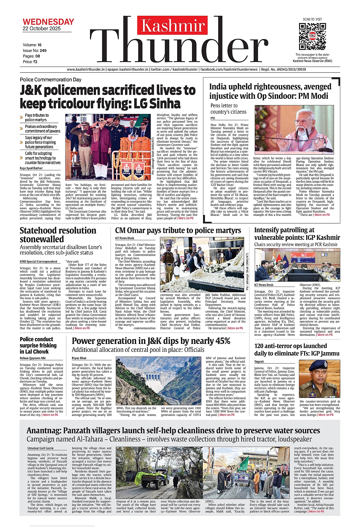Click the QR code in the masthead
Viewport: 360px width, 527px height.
pos(312,36)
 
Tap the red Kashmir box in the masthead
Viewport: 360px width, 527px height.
pos(172,25)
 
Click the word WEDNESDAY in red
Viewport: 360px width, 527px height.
pos(48,22)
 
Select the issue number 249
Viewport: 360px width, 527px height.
pos(43,50)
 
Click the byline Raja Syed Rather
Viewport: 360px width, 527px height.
pos(31,168)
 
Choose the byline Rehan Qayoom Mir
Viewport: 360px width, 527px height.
pos(33,358)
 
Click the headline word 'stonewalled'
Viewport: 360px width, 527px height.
pos(42,239)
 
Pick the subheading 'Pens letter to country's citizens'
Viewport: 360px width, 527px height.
pos(228,109)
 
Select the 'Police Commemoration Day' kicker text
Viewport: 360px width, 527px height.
pos(51,80)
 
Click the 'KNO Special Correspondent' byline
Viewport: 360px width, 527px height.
pos(39,261)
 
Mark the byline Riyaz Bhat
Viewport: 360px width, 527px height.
pos(79,358)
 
